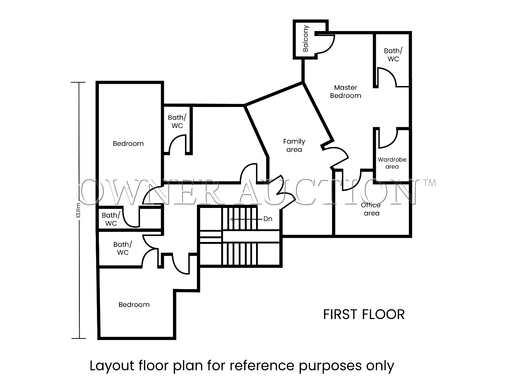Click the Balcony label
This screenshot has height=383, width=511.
[x=305, y=39]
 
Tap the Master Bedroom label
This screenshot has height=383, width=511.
[x=346, y=92]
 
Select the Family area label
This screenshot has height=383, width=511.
[x=294, y=145]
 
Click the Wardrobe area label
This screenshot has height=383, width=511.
[x=392, y=163]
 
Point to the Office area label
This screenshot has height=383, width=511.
[x=371, y=209]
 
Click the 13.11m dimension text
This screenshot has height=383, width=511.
[x=79, y=210]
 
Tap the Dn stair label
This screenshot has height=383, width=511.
[x=268, y=219]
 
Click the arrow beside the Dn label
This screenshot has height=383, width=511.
[x=246, y=219]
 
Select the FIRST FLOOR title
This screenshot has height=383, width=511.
[x=364, y=315]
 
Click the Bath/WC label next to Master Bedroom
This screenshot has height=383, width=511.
[x=393, y=55]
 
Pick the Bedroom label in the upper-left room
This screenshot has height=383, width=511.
[x=128, y=144]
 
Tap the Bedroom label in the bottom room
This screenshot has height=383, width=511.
[x=134, y=304]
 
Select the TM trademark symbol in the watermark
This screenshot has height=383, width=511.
[x=429, y=183]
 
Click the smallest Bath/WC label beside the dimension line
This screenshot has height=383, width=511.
[x=111, y=219]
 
